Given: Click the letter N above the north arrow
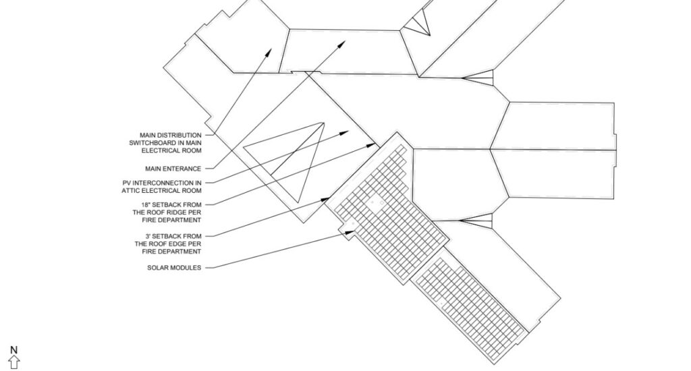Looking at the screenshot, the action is coord(13,350).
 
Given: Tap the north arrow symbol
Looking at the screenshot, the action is coord(14,362).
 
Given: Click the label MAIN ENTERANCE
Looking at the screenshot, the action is coord(173,169).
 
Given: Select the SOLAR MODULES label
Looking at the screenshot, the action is coord(174,267).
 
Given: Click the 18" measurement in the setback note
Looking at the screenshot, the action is coord(146,205).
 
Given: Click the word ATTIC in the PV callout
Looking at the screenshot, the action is coord(131,191).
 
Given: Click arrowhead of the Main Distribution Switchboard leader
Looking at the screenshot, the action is coord(269,52).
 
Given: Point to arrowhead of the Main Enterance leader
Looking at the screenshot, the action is coord(343,44).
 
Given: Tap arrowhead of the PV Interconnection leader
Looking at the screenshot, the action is coord(345,132).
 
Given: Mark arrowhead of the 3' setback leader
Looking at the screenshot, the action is coord(325,200).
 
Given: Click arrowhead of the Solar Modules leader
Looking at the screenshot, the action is coord(350,232).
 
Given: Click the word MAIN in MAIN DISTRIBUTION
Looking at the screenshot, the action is coord(147,136).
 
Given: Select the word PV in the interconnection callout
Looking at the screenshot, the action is coord(127,183).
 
